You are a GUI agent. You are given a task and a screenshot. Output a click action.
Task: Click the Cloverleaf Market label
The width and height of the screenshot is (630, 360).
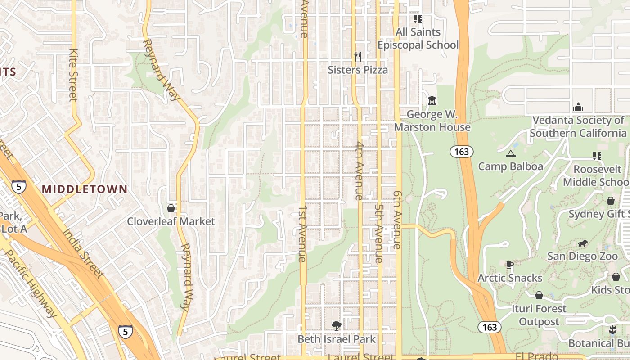[x=171, y=221]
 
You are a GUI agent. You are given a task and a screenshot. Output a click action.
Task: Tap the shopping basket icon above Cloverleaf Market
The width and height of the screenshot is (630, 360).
[x=171, y=208]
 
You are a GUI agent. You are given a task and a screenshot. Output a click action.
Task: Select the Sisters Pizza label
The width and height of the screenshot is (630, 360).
[x=358, y=70]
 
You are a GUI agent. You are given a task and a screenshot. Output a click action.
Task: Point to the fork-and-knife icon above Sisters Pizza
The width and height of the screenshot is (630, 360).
[x=358, y=56]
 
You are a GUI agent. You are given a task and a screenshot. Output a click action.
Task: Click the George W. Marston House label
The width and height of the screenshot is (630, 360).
[x=432, y=121]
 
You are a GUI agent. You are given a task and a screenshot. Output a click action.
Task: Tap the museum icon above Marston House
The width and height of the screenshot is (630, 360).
[x=432, y=100]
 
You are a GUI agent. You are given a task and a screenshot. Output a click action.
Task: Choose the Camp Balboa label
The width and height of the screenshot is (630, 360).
[x=510, y=166]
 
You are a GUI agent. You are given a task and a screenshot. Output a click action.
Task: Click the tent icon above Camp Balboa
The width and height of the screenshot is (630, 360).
[x=510, y=154]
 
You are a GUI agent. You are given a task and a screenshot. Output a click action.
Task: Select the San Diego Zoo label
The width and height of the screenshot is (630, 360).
[x=582, y=256]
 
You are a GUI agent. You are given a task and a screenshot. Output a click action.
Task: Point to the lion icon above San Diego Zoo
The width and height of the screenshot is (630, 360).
[x=582, y=243]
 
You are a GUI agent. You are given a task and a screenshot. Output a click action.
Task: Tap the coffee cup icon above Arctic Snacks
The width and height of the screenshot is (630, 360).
[x=509, y=265]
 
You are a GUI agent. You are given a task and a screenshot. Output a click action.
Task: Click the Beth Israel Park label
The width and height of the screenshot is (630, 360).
[x=336, y=339]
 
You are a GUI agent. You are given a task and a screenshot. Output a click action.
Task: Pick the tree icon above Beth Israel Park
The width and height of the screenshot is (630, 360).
[x=336, y=325]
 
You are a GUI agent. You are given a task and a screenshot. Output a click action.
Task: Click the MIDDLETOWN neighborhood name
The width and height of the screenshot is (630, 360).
[x=85, y=189]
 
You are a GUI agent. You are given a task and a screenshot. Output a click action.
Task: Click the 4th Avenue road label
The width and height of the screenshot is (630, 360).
[x=359, y=171]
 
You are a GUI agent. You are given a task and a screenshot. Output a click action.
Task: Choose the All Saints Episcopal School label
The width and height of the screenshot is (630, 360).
[x=418, y=39]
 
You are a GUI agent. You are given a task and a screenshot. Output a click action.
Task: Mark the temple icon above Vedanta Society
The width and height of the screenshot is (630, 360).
[x=578, y=108]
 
